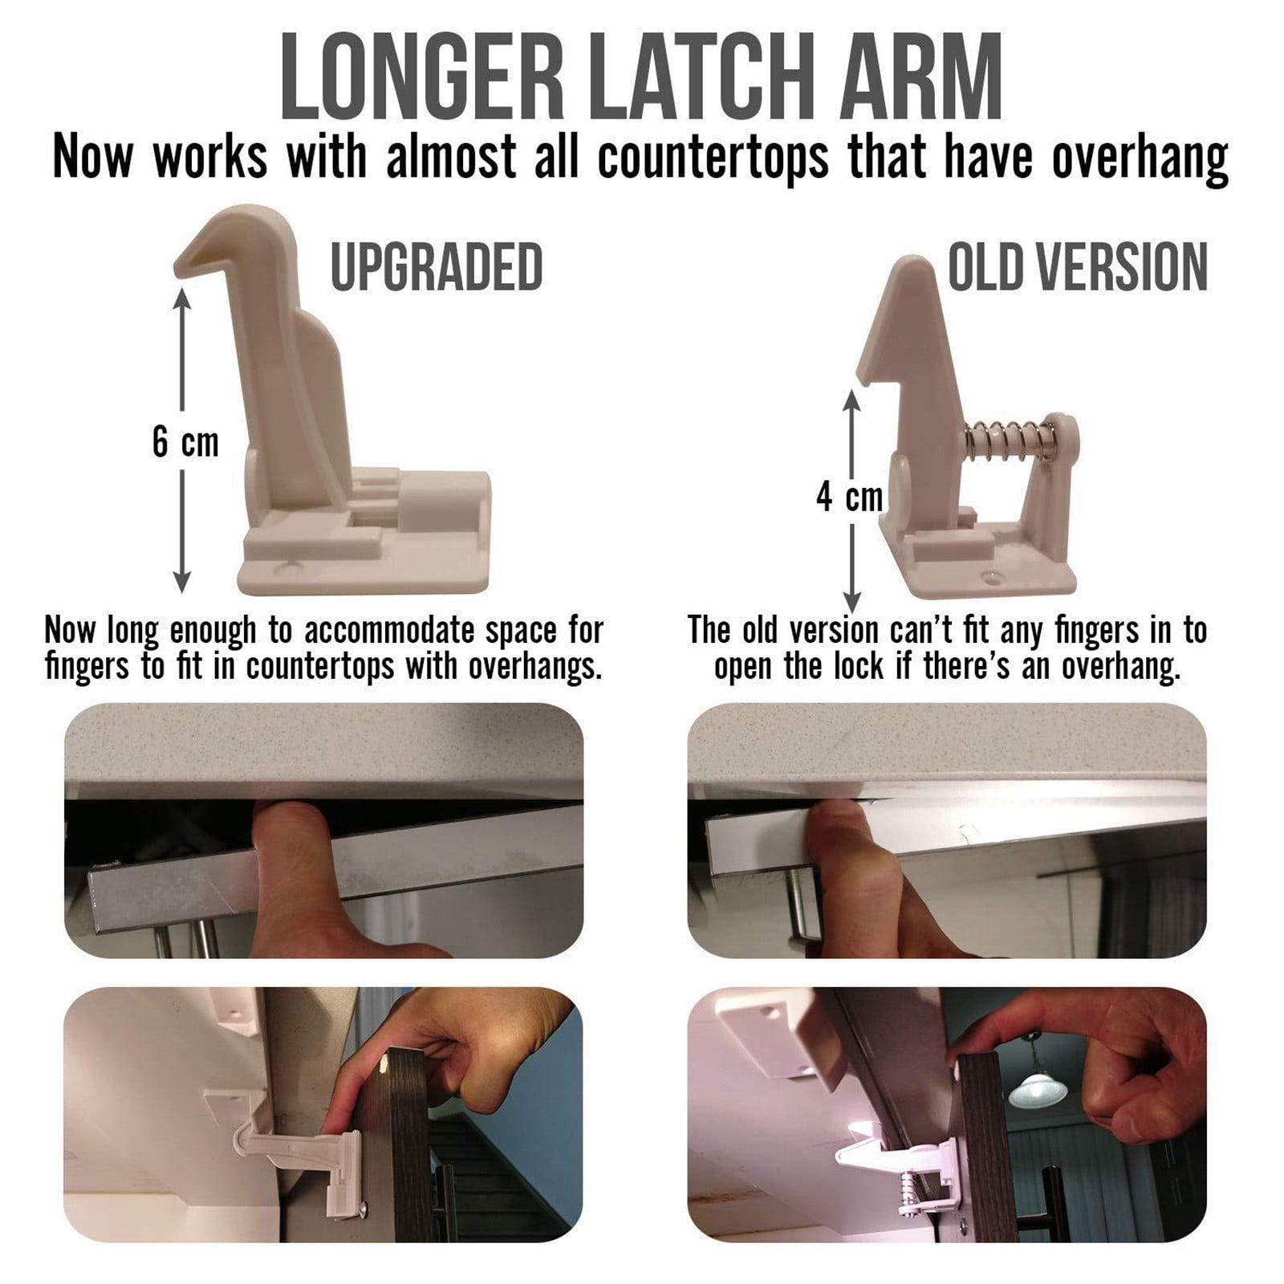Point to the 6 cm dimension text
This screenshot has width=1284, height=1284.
(x=185, y=442)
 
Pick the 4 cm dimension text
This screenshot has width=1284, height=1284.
(x=850, y=497)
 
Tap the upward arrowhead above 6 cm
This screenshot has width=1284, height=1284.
(x=182, y=299)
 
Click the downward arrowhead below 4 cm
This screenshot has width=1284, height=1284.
(x=852, y=602)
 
